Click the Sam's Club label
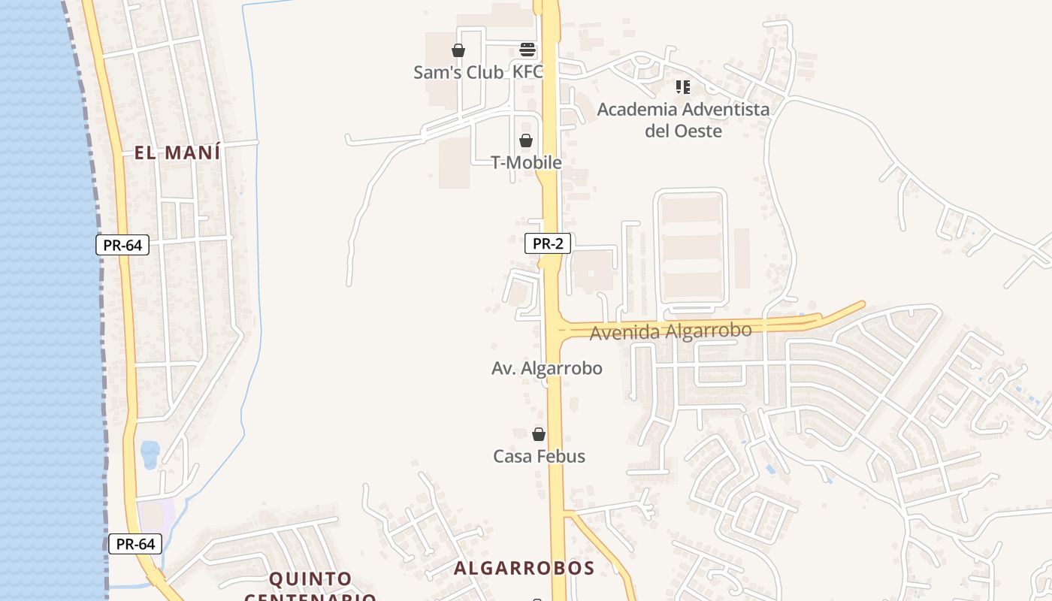pos(458,72)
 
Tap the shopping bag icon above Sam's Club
pos(458,50)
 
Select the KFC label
pos(528,72)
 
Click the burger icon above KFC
pos(528,50)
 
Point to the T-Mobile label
pos(526,162)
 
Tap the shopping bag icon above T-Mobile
pos(526,140)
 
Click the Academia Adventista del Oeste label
pos(683,120)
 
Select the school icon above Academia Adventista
pos(682,87)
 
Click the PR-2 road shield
pos(548,243)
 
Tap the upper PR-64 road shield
pos(122,245)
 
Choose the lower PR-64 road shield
pos(135,544)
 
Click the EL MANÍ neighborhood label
pos(177,153)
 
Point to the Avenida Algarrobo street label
pos(670,331)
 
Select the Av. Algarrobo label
pos(546,368)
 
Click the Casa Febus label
pos(539,456)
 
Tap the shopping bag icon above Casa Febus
pos(538,434)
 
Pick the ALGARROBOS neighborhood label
pos(524,568)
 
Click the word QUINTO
pos(310,578)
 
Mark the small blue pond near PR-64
pos(150,453)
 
